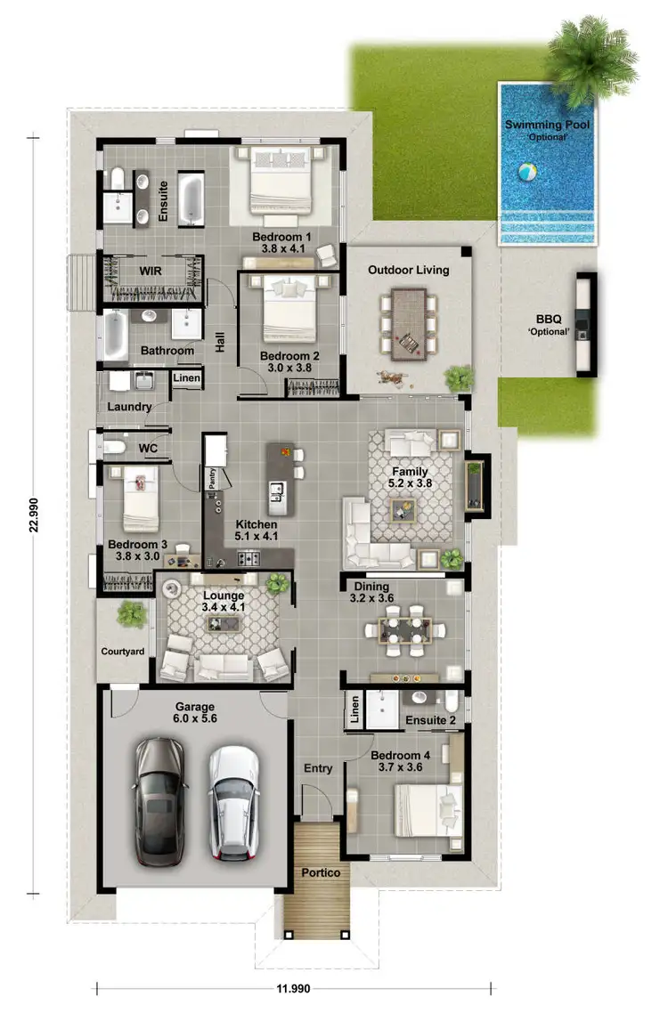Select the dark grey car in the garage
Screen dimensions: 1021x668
click(161, 799)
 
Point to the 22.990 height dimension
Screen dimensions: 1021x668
click(34, 514)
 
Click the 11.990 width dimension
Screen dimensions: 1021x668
click(294, 988)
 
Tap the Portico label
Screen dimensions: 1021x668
click(320, 872)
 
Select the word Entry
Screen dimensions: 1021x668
click(318, 768)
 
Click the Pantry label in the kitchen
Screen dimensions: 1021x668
click(212, 479)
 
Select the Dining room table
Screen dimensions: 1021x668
click(404, 630)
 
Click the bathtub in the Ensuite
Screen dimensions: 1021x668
click(191, 199)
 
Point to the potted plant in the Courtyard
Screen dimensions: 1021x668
click(132, 614)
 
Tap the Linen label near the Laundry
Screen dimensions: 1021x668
click(187, 378)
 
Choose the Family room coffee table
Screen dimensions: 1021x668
click(403, 509)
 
